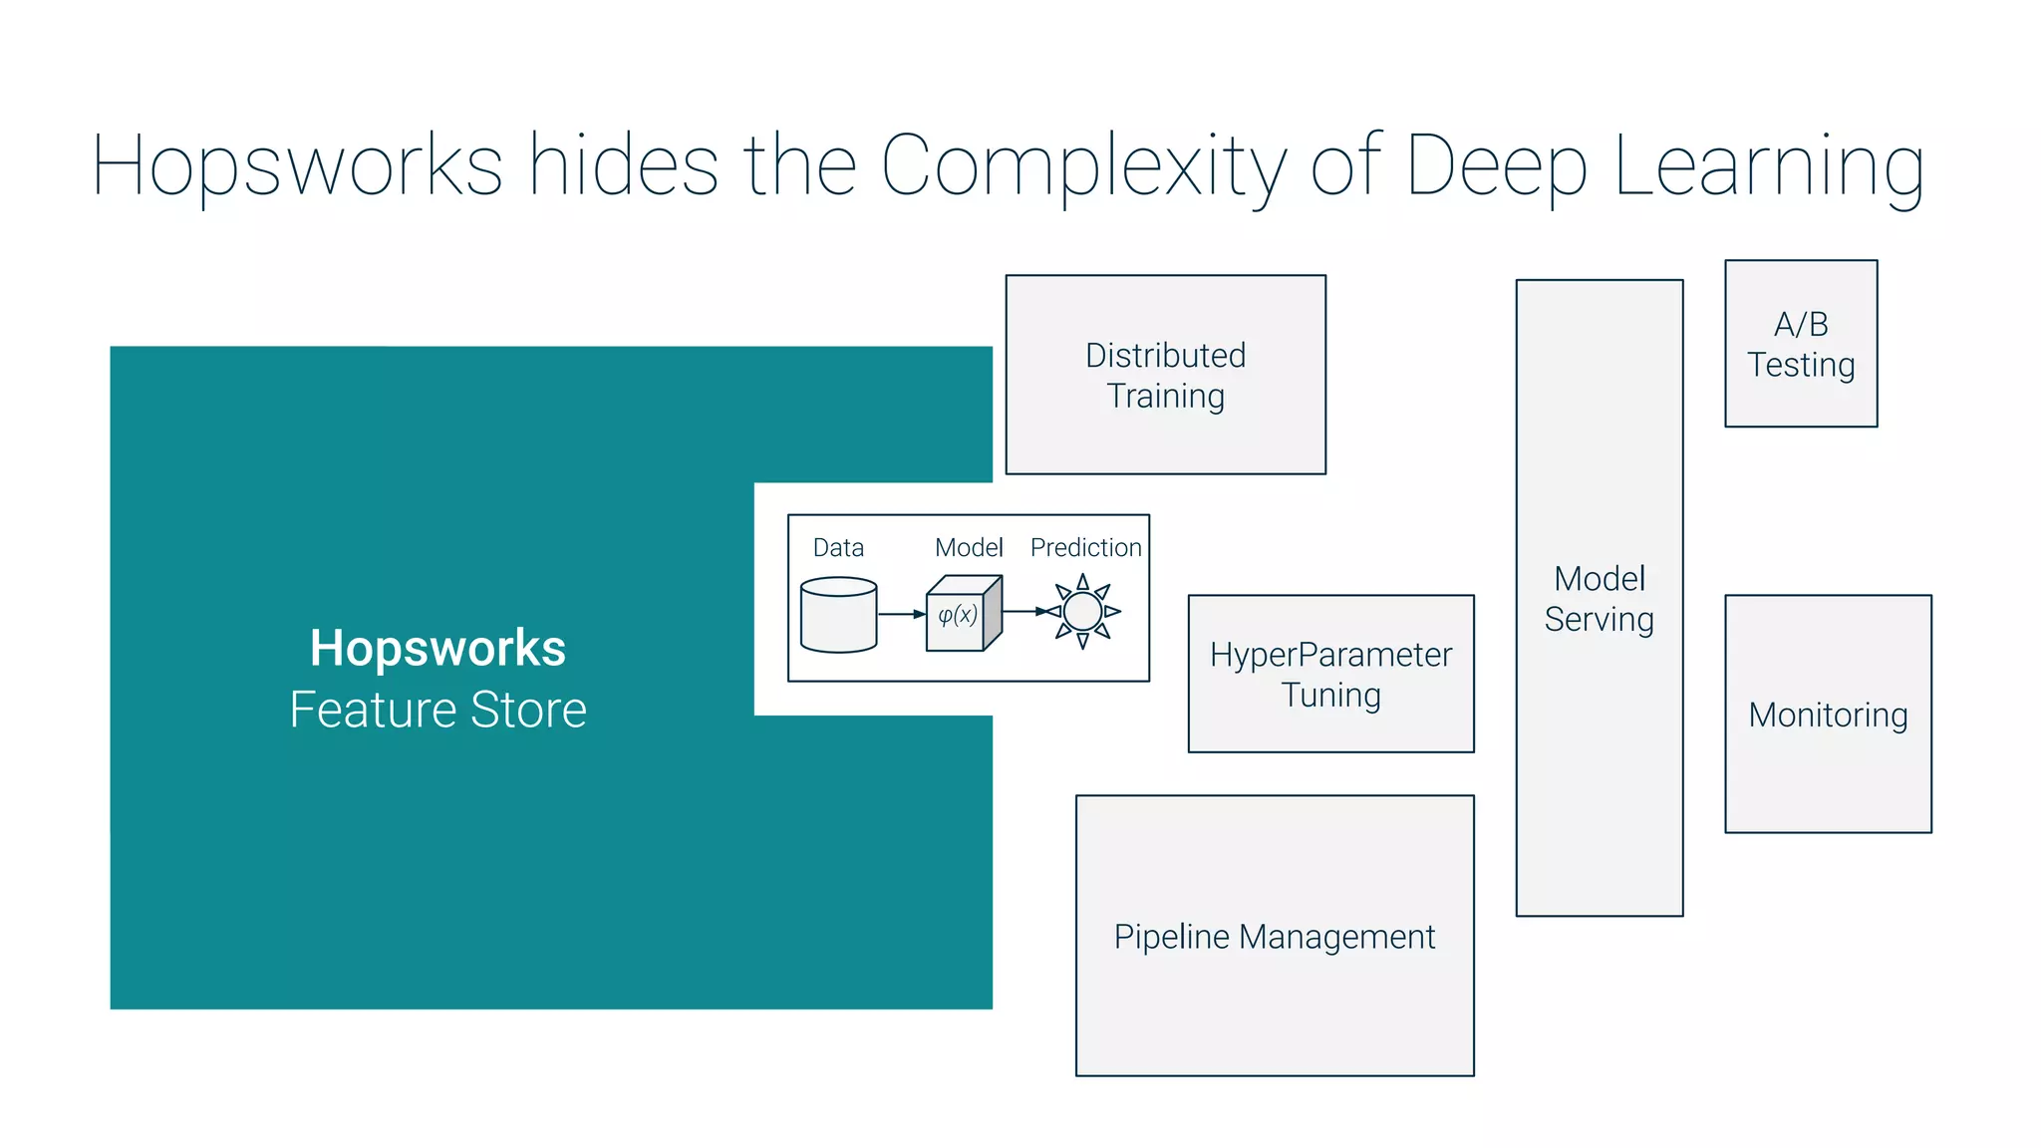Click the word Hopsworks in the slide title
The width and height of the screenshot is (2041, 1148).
click(297, 165)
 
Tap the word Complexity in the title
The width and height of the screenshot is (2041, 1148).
click(1083, 165)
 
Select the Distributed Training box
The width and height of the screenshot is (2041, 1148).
click(1165, 375)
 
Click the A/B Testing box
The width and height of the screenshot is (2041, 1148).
click(1801, 344)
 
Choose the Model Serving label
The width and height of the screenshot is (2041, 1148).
click(1600, 598)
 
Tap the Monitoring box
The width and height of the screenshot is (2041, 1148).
click(1828, 715)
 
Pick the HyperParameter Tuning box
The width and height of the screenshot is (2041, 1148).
click(1330, 674)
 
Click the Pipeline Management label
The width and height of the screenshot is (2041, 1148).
click(1275, 936)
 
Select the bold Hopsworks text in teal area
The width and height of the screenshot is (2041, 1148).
click(437, 648)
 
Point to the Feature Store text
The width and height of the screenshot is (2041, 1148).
click(437, 710)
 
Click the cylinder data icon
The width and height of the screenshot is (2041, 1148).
click(838, 615)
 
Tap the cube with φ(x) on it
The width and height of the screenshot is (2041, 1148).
click(962, 614)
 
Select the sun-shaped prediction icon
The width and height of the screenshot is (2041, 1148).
click(1082, 611)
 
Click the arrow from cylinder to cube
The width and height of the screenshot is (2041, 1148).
click(902, 614)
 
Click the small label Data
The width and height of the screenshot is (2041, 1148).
click(838, 547)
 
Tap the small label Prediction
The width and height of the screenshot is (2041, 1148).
click(1085, 547)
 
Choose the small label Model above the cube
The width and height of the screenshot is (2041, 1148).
click(968, 547)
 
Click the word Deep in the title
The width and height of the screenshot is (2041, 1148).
click(1495, 165)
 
